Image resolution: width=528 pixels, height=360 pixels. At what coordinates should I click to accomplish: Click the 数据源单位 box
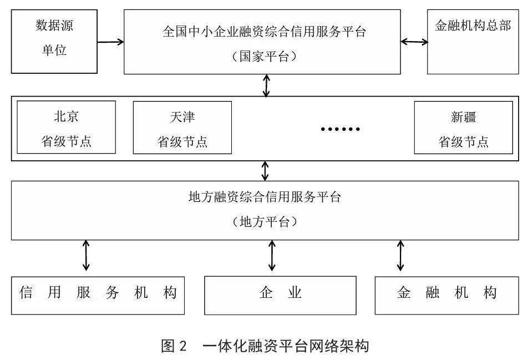54,40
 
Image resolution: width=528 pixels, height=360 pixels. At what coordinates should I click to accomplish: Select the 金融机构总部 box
473,42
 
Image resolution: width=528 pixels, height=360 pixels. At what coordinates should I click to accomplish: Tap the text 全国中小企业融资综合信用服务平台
265,32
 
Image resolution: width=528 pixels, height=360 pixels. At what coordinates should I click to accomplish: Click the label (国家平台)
265,57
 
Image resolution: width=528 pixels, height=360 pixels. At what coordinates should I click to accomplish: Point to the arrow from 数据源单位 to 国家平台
110,42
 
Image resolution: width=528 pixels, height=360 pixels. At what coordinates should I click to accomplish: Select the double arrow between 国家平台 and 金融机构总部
414,42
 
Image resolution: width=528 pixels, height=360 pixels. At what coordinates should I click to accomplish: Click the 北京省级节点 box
66,127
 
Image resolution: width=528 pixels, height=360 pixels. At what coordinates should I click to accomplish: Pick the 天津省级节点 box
182,127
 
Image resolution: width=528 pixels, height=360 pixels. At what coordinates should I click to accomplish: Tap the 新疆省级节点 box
463,127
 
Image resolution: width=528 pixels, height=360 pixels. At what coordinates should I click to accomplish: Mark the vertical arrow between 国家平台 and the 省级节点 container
267,85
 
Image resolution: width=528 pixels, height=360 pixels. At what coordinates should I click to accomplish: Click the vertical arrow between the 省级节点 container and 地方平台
265,171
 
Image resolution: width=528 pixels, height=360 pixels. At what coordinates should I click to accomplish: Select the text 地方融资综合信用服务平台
265,197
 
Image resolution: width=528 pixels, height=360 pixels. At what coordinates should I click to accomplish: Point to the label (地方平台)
265,222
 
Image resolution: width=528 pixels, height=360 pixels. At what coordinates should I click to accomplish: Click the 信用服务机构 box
98,295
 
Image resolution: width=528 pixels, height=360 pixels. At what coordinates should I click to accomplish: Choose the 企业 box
280,295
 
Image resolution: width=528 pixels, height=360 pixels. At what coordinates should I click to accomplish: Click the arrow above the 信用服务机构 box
86,255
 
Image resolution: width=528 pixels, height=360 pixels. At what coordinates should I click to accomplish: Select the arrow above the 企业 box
272,255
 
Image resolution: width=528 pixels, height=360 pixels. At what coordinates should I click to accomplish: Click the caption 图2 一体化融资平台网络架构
265,346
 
